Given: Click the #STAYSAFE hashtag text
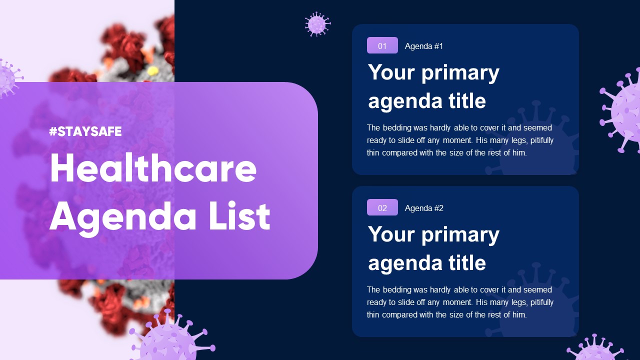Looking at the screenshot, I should (85, 132).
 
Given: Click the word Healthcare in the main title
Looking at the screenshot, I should (153, 169).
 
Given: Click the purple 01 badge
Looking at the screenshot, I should (382, 45).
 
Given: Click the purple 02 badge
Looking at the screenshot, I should (382, 207).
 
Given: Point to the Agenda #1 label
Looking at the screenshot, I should (424, 46).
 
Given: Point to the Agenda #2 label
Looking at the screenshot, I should (424, 208).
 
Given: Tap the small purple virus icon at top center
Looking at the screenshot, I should (317, 24).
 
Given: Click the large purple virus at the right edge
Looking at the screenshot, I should (622, 112).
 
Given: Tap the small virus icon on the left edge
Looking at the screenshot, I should (7, 77).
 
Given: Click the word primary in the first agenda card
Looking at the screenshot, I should (460, 73).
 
